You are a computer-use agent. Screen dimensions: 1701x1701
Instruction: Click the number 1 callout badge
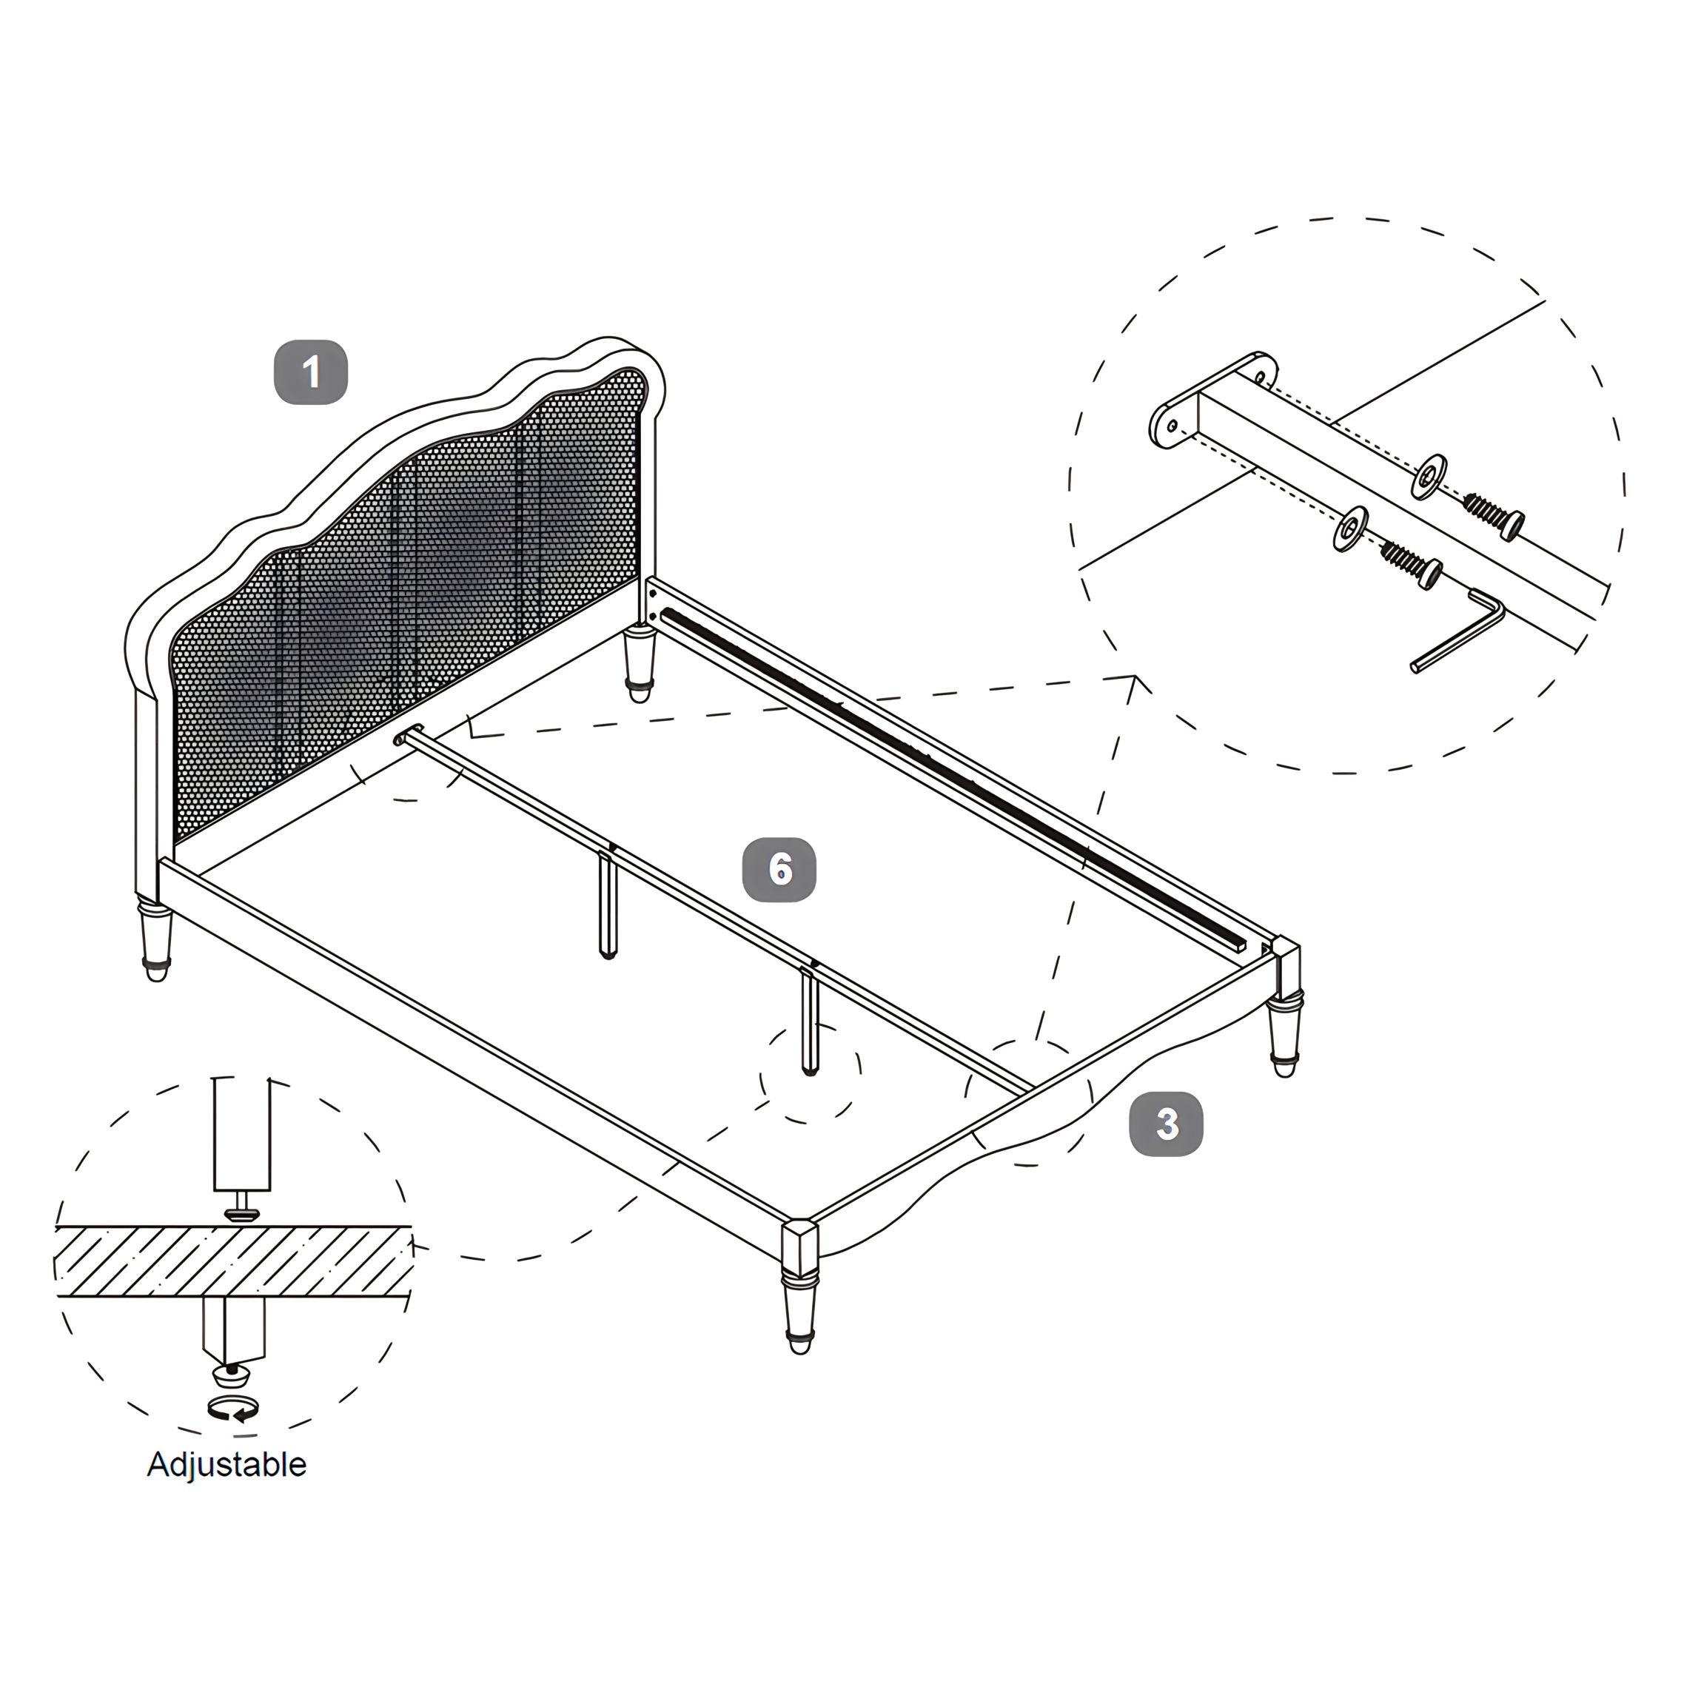coord(311,372)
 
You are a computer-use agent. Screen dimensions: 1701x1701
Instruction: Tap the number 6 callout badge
coord(779,870)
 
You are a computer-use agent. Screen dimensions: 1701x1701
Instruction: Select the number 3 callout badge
coord(1167,1124)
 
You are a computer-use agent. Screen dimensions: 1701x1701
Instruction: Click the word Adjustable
coord(227,1464)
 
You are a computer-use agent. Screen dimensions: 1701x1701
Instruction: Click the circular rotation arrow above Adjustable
coord(233,1409)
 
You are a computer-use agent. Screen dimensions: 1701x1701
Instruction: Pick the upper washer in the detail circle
coord(1428,476)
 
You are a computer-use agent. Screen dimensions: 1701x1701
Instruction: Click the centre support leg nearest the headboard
coord(608,903)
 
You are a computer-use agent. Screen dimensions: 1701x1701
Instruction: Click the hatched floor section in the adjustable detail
coord(233,1261)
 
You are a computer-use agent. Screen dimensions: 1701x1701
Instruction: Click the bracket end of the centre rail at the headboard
coord(411,736)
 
